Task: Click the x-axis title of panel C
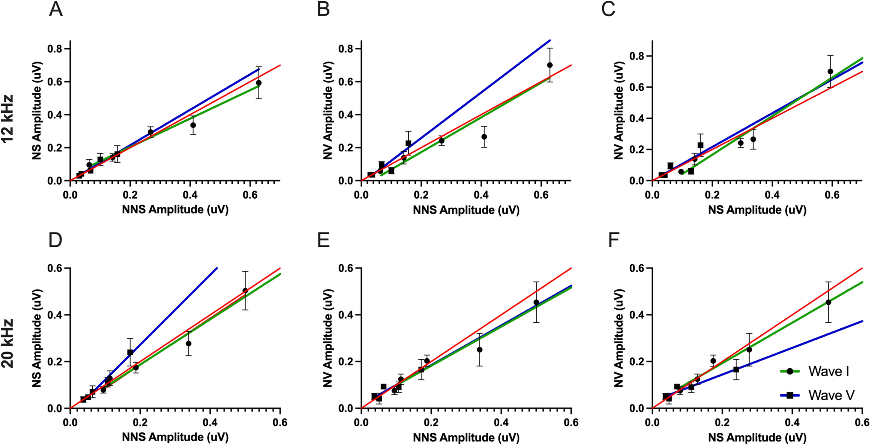[x=757, y=210]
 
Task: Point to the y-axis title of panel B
[x=328, y=111]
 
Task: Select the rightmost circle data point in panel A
[x=259, y=83]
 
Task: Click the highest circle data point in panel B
[x=550, y=65]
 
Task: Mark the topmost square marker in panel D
[x=130, y=352]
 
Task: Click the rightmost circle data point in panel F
[x=828, y=302]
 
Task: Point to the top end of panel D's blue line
[x=217, y=268]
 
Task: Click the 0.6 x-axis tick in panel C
[x=832, y=195]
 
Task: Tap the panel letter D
[x=55, y=240]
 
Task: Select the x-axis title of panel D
[x=175, y=437]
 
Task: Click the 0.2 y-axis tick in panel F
[x=638, y=362]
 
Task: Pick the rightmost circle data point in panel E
[x=536, y=302]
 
